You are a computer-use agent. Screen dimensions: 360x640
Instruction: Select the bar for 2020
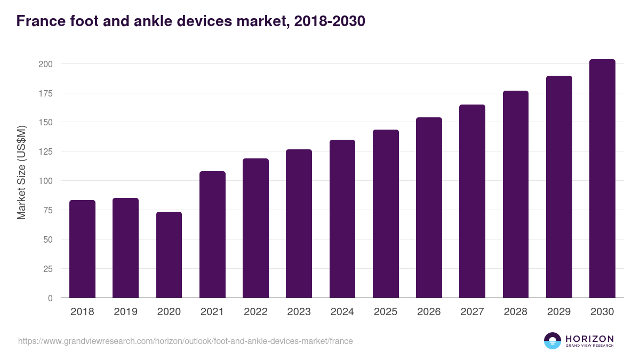pos(169,255)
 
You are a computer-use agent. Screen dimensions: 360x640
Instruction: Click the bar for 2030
pos(602,179)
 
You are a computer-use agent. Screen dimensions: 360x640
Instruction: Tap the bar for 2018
pos(82,249)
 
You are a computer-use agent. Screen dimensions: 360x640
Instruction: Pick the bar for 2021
pos(212,235)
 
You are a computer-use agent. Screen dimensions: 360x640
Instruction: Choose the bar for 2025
pos(386,214)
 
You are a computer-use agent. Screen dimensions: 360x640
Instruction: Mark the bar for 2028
pos(516,194)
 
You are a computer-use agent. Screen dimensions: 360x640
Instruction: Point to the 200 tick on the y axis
pos(45,64)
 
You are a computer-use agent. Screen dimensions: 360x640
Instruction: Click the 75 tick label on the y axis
pos(47,210)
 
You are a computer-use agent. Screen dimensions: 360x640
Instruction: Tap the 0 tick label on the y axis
pos(50,298)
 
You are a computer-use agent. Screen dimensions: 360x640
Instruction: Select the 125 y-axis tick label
pos(45,151)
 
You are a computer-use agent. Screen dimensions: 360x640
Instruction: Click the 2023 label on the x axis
pos(299,312)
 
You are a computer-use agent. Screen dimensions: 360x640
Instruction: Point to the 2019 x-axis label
pos(125,312)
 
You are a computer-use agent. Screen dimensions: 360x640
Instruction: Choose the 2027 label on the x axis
pos(472,312)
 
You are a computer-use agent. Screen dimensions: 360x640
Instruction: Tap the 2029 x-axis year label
pos(559,312)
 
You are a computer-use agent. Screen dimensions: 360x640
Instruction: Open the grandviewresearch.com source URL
pos(185,341)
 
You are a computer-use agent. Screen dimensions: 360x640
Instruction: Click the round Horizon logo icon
pos(553,341)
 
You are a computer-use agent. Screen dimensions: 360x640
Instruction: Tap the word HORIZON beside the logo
pos(589,338)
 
